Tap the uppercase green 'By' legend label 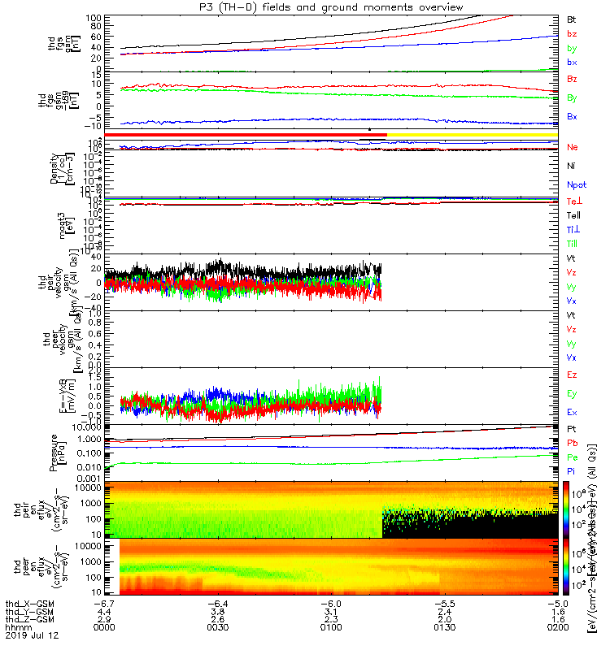point(572,98)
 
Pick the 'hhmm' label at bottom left point(16,627)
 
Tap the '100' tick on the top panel point(93,17)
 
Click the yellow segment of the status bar point(472,134)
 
